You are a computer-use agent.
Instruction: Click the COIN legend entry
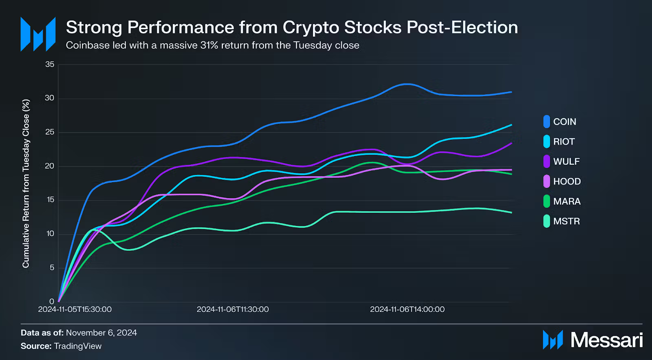click(x=564, y=121)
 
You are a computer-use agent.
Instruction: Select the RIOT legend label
click(x=564, y=141)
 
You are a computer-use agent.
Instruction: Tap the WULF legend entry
click(x=566, y=161)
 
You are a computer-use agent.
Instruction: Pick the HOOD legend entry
click(x=566, y=181)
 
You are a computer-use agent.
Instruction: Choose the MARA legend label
click(x=566, y=201)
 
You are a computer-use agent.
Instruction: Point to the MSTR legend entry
click(x=566, y=221)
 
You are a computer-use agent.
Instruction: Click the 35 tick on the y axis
click(x=50, y=64)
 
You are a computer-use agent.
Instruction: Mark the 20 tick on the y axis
click(x=50, y=166)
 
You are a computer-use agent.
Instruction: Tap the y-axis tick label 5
click(x=52, y=268)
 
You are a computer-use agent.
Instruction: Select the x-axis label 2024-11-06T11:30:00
click(x=233, y=309)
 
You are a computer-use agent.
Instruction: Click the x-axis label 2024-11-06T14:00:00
click(x=407, y=309)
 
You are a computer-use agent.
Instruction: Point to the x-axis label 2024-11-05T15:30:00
click(x=75, y=309)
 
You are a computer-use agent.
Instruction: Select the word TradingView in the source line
click(x=78, y=346)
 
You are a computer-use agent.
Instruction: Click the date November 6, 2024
click(x=101, y=333)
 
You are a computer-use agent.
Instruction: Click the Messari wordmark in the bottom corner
click(x=606, y=340)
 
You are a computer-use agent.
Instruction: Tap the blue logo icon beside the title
click(x=38, y=34)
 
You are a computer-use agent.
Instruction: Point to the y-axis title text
click(x=26, y=183)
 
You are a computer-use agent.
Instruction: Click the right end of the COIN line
click(x=511, y=92)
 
